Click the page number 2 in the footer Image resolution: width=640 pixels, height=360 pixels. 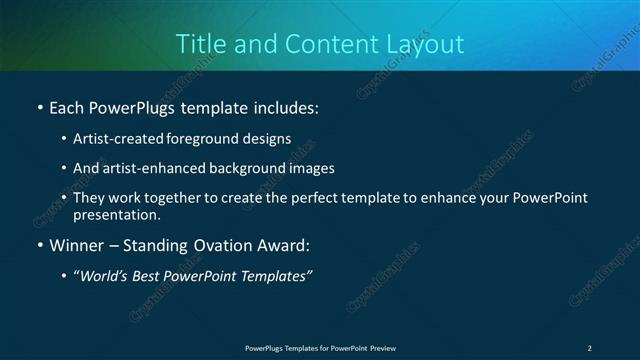(589, 348)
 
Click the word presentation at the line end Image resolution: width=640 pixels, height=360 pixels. (116, 214)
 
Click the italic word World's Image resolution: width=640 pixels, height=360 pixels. (106, 276)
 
